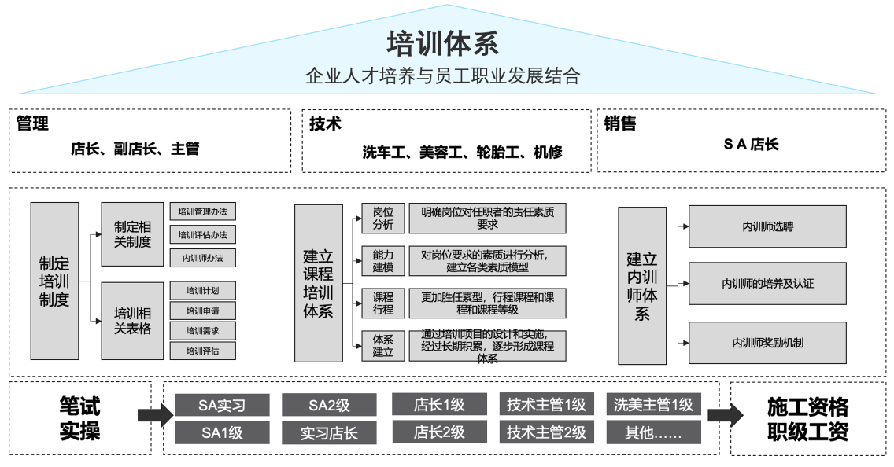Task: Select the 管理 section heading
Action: pos(32,123)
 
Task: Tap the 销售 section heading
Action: pos(620,123)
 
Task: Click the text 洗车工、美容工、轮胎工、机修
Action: pos(462,151)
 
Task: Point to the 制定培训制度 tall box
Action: pos(54,281)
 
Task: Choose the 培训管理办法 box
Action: pos(202,211)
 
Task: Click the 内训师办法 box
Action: pos(202,258)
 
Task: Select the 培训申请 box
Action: pos(202,311)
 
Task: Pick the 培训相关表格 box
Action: pos(132,321)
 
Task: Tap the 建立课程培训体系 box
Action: pos(318,283)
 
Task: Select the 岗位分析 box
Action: pos(383,219)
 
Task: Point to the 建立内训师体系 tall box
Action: pos(641,285)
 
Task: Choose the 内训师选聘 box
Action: pos(767,226)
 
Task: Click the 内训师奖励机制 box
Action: pos(767,343)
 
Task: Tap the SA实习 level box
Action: pos(223,405)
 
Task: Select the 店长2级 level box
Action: pos(439,432)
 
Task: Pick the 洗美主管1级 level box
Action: pos(653,405)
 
